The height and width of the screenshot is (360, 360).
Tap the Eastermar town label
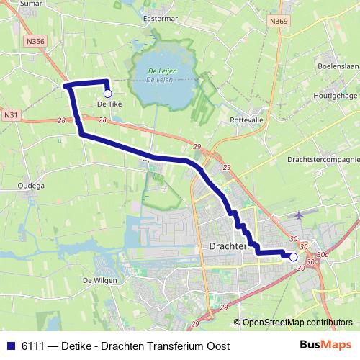pos(160,18)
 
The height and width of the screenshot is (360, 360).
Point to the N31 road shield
pos(11,114)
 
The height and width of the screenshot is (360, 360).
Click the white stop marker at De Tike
pos(107,93)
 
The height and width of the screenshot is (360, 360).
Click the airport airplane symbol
pos(300,215)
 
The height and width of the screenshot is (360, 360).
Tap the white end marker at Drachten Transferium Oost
pos(293,256)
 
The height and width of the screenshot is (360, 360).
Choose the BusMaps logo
pos(330,345)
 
